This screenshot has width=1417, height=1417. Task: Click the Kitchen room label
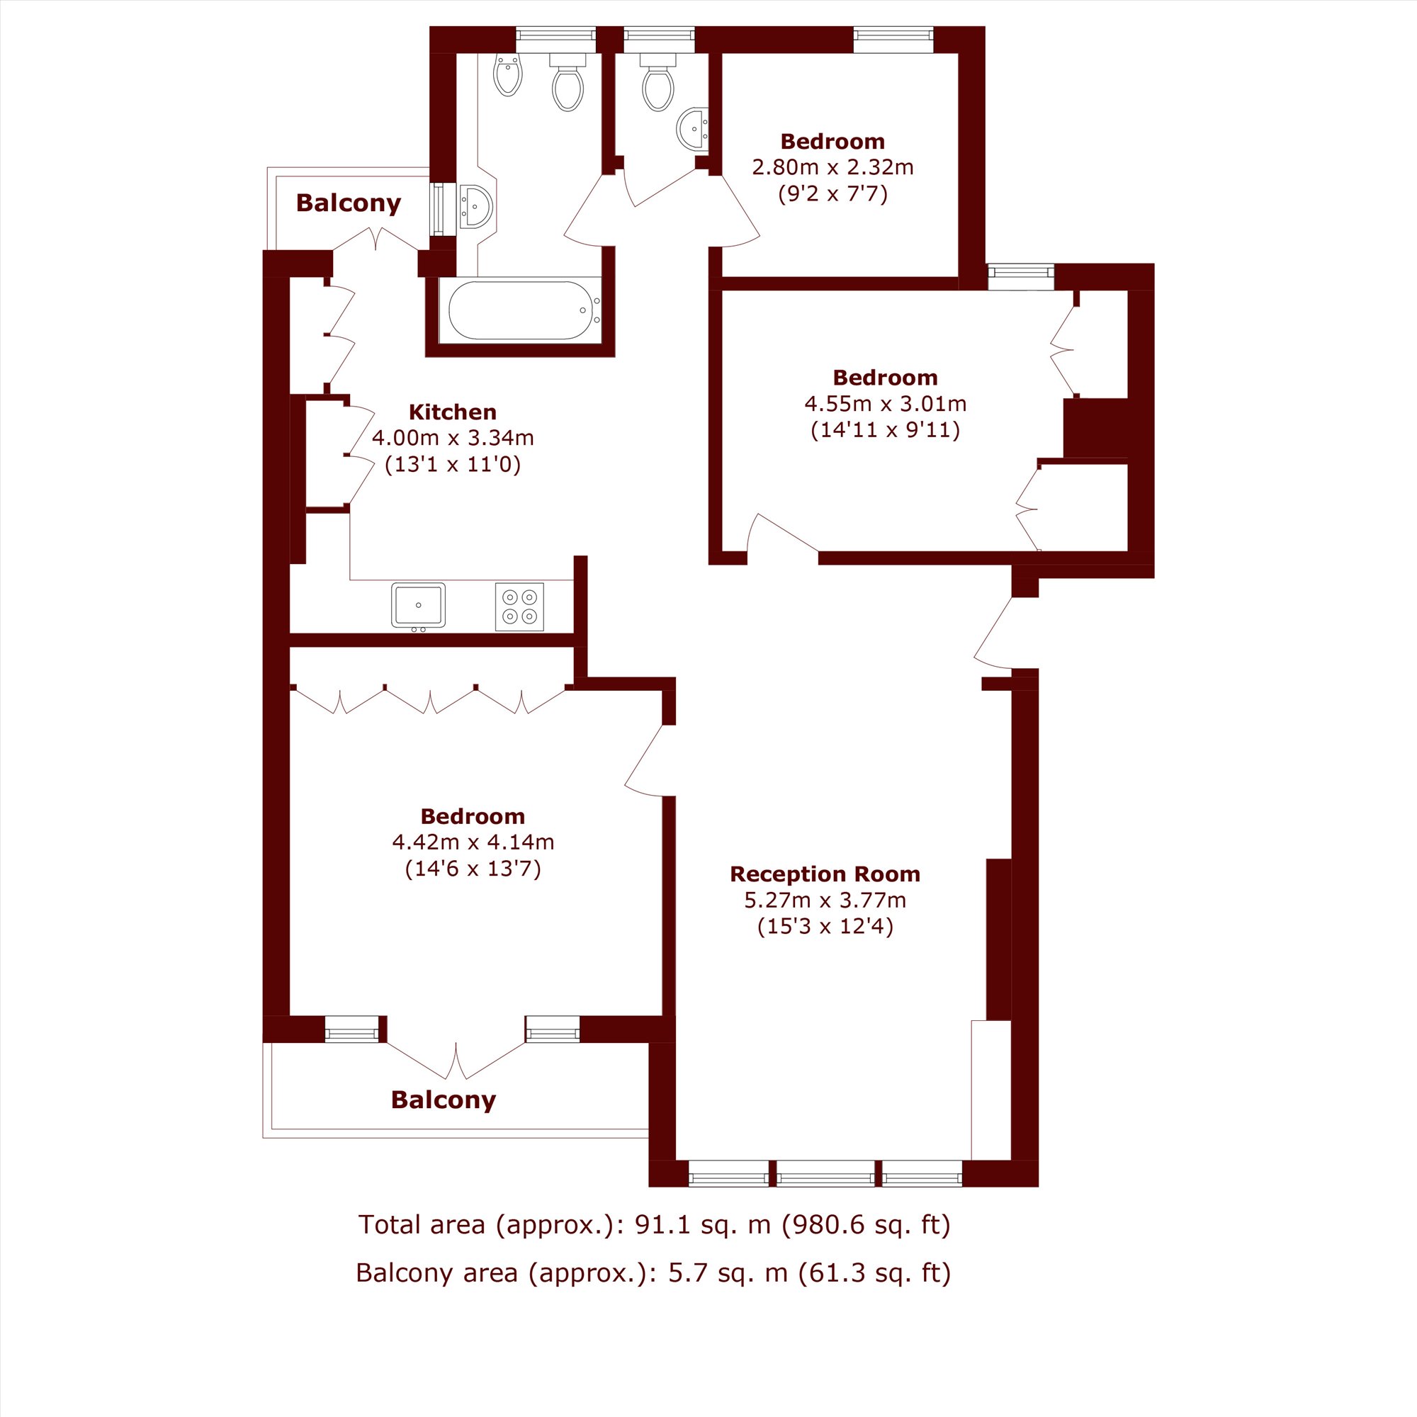click(x=453, y=412)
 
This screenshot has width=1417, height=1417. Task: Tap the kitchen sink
click(x=418, y=606)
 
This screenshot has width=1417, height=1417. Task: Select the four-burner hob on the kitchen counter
click(x=519, y=606)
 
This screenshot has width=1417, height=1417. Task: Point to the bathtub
click(x=520, y=310)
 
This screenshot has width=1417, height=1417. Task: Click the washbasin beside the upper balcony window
click(x=477, y=206)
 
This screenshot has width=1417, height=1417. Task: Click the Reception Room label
click(x=825, y=874)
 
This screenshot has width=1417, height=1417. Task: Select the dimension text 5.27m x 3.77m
click(x=825, y=900)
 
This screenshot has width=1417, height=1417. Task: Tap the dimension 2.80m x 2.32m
click(x=832, y=167)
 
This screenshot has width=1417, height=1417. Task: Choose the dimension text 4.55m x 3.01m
click(x=885, y=403)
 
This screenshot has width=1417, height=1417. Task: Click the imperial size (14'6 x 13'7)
click(x=473, y=869)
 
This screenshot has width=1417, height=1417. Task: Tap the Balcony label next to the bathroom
click(x=349, y=203)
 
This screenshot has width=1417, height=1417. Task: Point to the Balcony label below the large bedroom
click(x=444, y=1100)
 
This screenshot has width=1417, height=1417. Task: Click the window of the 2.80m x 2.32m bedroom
click(x=893, y=40)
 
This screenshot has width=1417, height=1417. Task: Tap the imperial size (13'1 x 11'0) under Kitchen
click(x=453, y=465)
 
